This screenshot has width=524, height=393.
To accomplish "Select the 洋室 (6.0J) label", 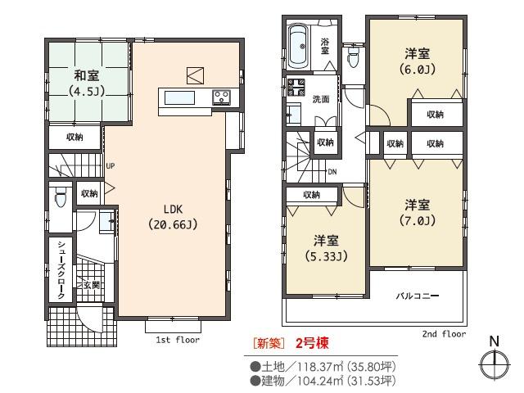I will (418, 61).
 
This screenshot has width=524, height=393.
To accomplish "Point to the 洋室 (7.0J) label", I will (417, 212).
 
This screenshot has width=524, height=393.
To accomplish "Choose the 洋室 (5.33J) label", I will (326, 248).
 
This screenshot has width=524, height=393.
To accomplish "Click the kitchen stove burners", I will (221, 97).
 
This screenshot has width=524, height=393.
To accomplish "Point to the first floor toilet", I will (59, 196).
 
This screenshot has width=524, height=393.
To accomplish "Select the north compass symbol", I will (494, 361).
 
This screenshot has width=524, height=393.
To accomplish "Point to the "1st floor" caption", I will (177, 338).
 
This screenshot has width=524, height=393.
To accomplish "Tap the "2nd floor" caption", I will (443, 334).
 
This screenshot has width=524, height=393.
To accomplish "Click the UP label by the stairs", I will (110, 166).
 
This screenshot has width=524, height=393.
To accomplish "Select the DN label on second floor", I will (332, 172).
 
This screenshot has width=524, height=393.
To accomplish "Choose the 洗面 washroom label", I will (321, 99).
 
